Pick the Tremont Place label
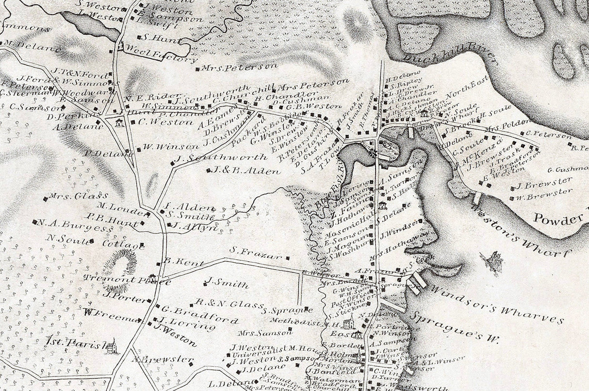(x=127, y=280)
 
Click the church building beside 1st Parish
(x=112, y=346)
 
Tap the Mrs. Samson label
(x=265, y=333)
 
